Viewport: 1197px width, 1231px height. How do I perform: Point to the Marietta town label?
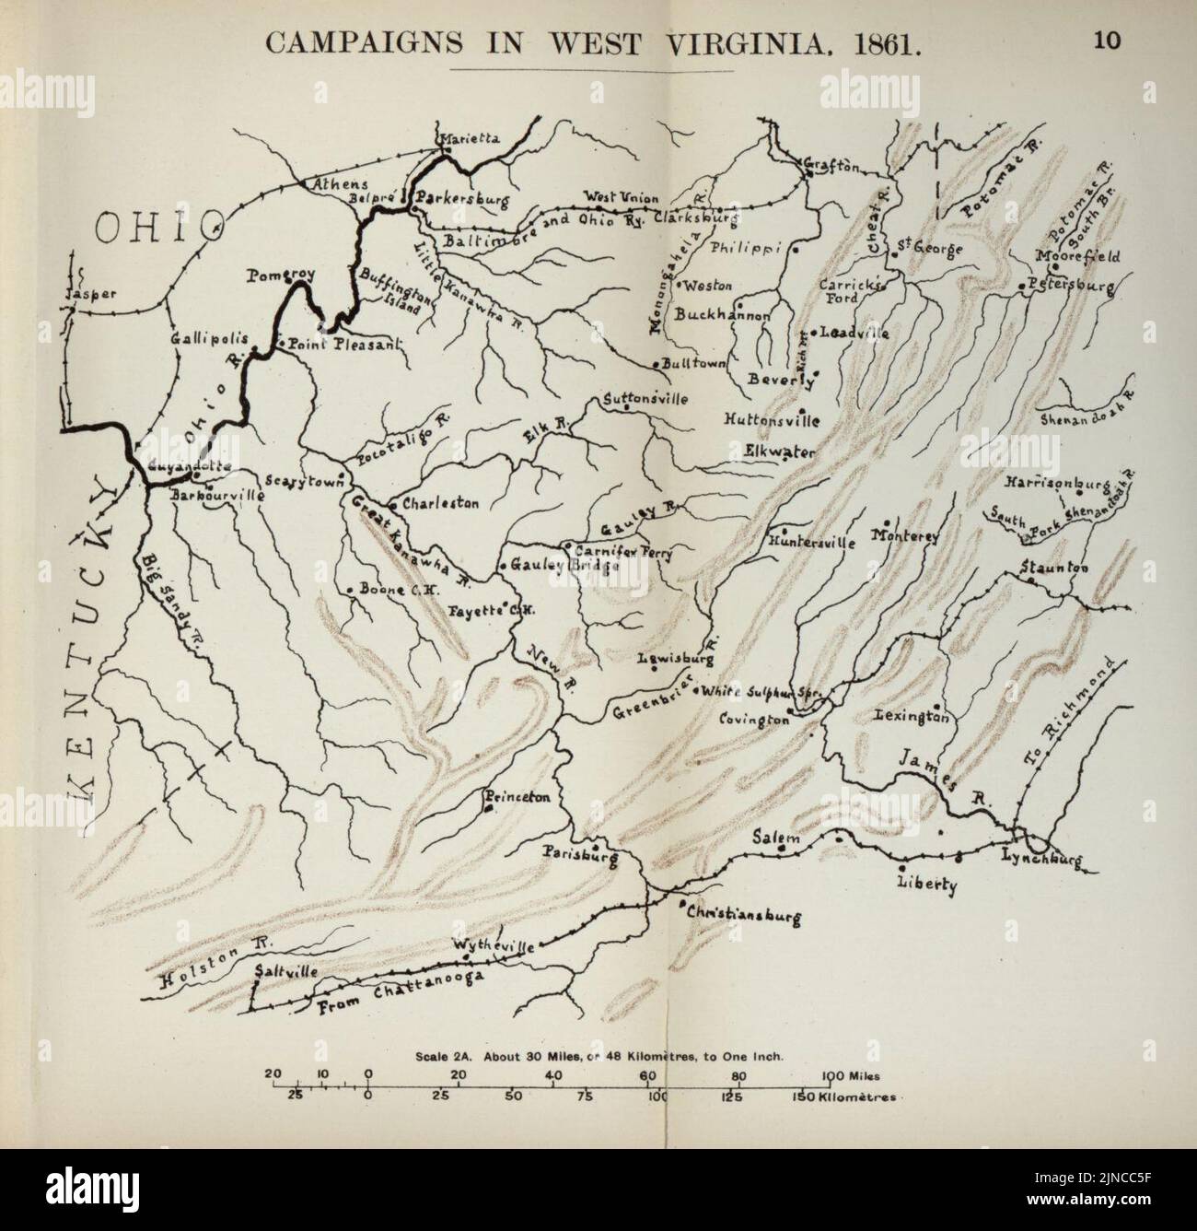[470, 138]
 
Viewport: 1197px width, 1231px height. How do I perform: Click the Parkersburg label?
[457, 197]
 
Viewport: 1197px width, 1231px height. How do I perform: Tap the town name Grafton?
[832, 167]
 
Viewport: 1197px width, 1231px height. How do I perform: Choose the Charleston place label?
[440, 504]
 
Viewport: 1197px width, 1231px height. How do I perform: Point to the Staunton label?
[1054, 568]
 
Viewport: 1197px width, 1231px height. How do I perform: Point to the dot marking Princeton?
[488, 809]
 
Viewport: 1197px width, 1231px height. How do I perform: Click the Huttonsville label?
[772, 419]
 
